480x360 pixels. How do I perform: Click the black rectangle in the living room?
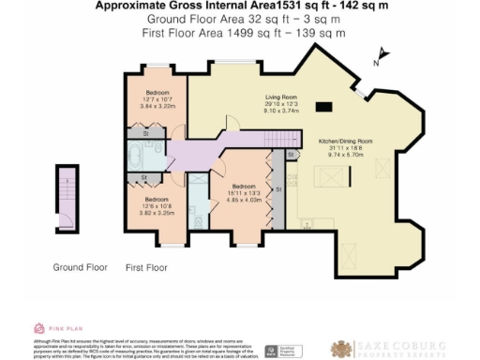click(x=324, y=105)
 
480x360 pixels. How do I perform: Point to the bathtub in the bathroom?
click(x=139, y=155)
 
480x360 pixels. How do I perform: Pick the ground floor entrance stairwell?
click(x=66, y=199)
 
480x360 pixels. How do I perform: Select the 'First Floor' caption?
click(x=145, y=267)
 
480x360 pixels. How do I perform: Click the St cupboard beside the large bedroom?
click(x=290, y=155)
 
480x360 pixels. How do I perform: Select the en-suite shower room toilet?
click(x=201, y=220)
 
